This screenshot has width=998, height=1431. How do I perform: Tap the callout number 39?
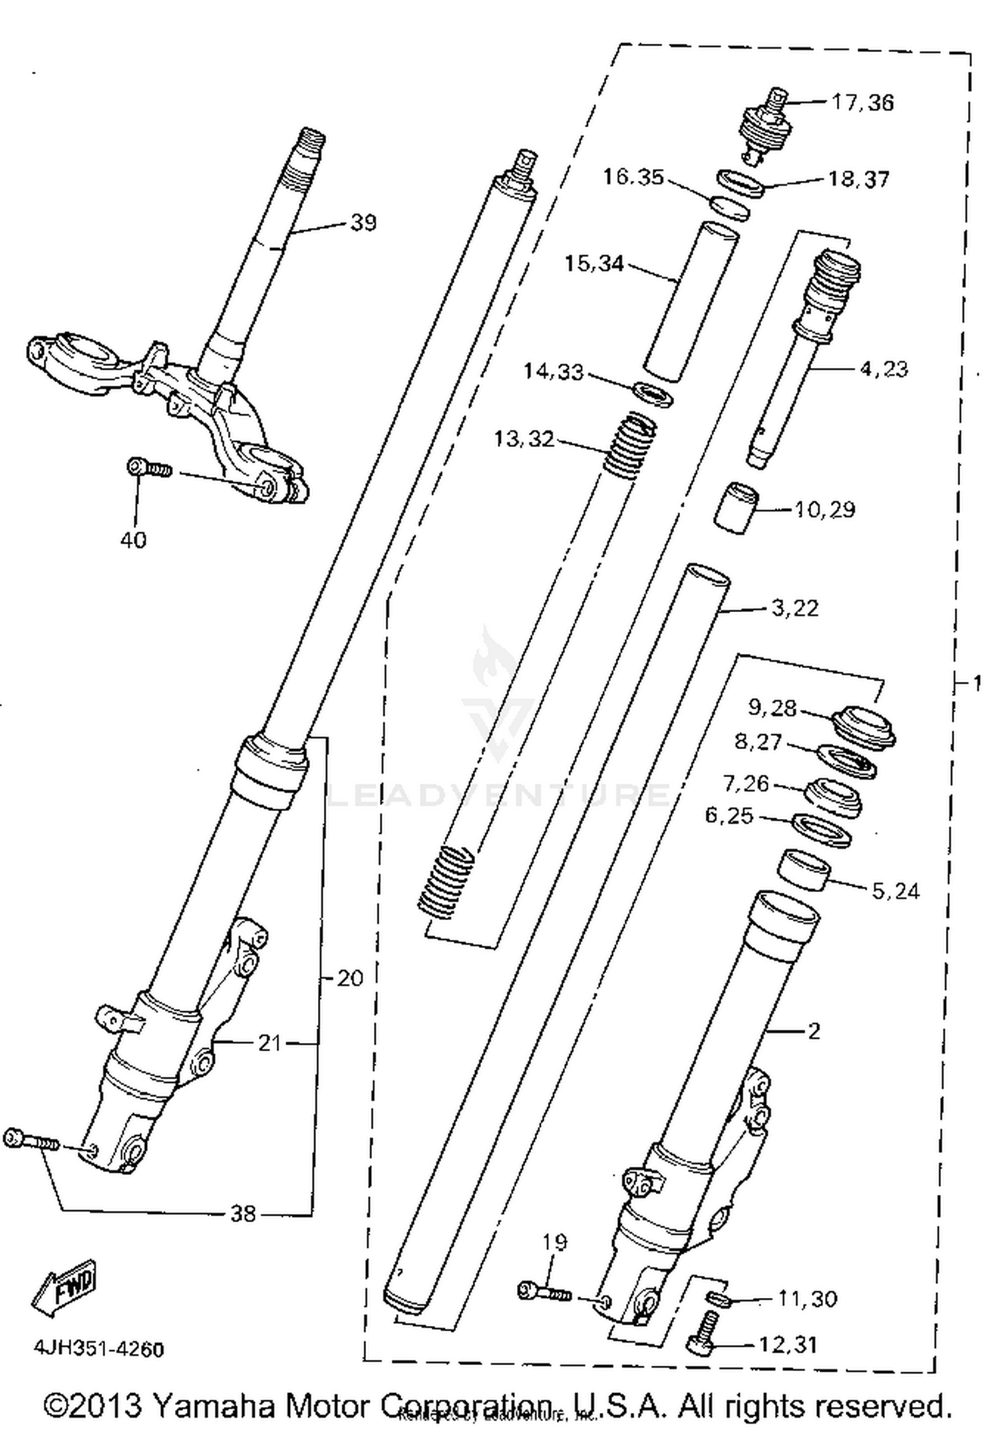363,222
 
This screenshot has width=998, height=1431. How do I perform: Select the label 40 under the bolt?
133,540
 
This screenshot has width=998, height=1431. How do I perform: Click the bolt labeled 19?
544,1293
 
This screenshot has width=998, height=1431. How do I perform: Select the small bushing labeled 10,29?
738,508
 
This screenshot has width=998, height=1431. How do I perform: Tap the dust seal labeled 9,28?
864,727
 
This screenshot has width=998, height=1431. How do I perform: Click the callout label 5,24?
896,891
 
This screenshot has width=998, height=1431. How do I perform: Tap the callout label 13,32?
524,439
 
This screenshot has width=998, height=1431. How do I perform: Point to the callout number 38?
243,1214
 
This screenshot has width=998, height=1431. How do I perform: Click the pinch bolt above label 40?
149,468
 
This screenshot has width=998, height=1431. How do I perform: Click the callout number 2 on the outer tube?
814,1031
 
